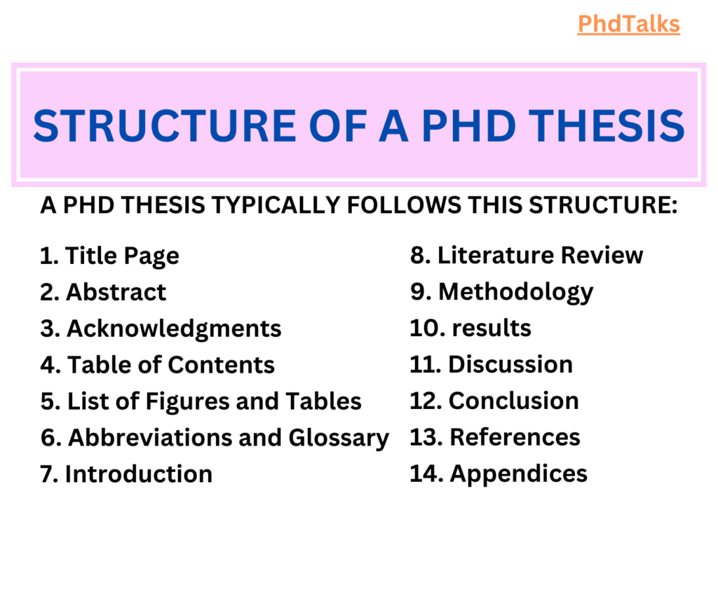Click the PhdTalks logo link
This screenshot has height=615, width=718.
point(629,25)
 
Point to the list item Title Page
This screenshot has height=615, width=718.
point(121,256)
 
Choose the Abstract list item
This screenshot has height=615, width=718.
point(116,292)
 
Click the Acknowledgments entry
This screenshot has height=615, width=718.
point(173,329)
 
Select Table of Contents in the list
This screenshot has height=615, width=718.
point(170,365)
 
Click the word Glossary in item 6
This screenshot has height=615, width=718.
point(338,438)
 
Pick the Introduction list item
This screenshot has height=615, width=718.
point(138,474)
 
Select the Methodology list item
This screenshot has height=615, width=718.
point(515,292)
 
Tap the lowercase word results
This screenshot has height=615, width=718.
point(491,329)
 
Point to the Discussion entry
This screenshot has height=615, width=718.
point(510,365)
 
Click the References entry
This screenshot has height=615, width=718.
point(515,438)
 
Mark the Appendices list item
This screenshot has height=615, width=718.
point(518,474)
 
